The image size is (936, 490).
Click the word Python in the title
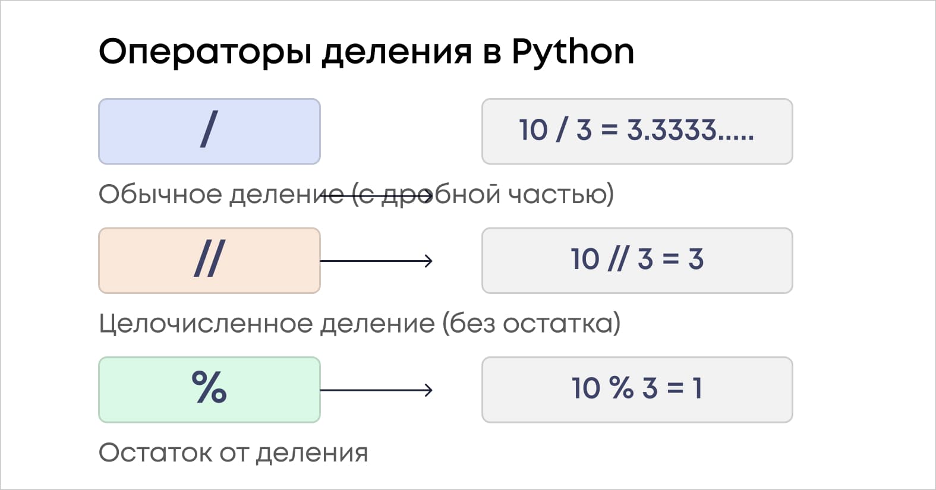pyautogui.click(x=573, y=52)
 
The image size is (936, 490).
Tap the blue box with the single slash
pyautogui.click(x=209, y=131)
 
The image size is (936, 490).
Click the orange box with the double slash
pyautogui.click(x=209, y=260)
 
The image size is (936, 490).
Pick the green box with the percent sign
pyautogui.click(x=209, y=390)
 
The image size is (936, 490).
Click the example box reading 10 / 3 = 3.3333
pyautogui.click(x=636, y=131)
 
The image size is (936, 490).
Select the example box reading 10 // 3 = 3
pyautogui.click(x=636, y=260)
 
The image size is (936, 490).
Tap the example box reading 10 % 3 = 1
pyautogui.click(x=636, y=390)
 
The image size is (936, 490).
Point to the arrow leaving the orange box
pyautogui.click(x=376, y=261)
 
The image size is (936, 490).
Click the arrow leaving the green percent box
pyautogui.click(x=376, y=390)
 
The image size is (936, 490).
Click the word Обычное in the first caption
pyautogui.click(x=160, y=195)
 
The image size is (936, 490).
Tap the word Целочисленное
pyautogui.click(x=206, y=324)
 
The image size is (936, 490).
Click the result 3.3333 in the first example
pyautogui.click(x=689, y=130)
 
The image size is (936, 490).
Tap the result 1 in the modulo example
pyautogui.click(x=697, y=388)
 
